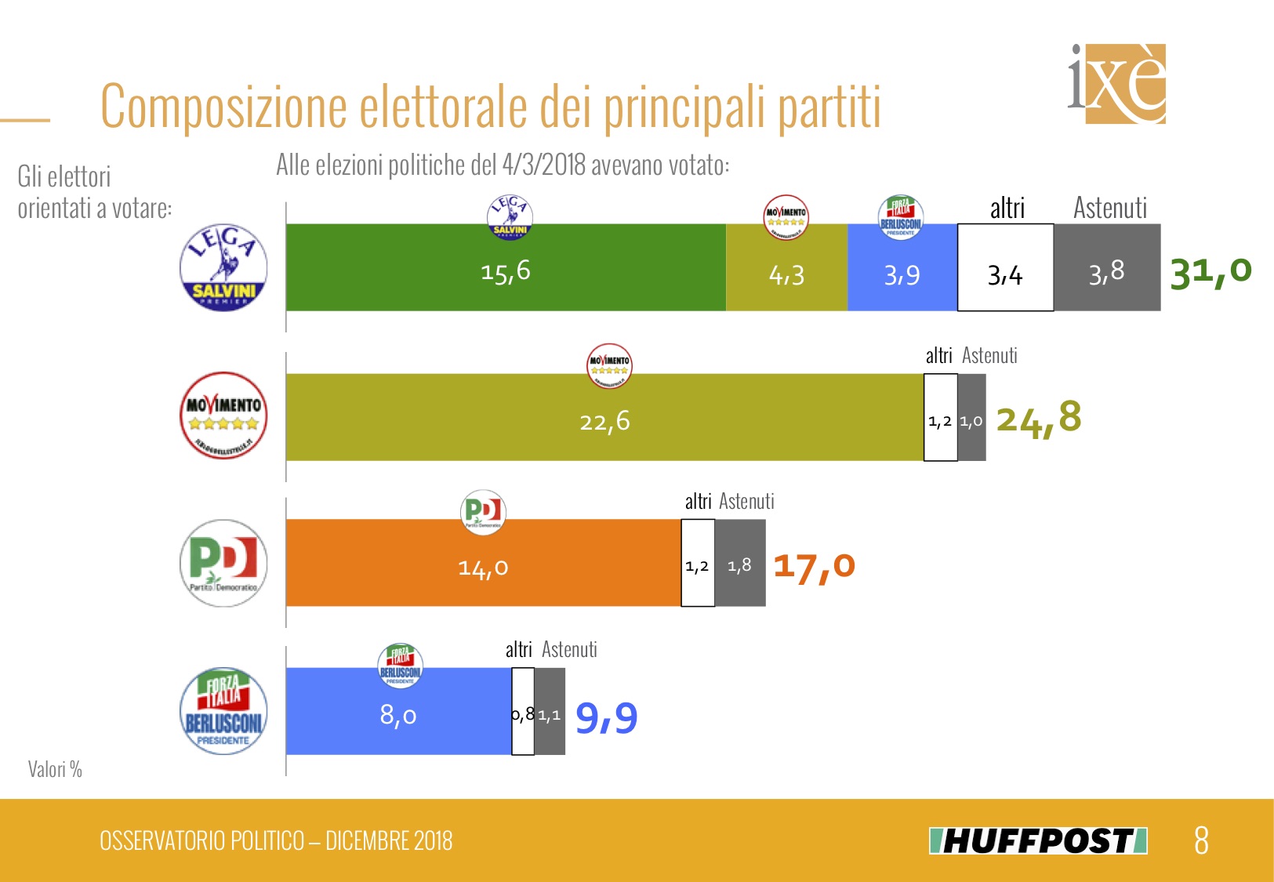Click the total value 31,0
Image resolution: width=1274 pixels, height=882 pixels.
click(x=1210, y=271)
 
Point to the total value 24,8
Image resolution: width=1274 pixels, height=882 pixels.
click(x=1038, y=419)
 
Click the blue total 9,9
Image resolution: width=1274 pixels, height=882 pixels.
click(x=607, y=717)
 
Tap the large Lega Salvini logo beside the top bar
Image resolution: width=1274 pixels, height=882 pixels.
click(x=223, y=267)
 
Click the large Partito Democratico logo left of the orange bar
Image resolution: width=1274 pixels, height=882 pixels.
click(x=223, y=563)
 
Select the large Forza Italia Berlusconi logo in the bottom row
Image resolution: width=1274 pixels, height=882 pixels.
click(x=223, y=712)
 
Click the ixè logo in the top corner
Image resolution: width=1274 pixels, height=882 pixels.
click(x=1116, y=83)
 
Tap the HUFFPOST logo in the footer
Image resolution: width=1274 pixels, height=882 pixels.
click(x=1038, y=840)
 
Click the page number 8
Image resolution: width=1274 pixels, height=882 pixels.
click(x=1201, y=840)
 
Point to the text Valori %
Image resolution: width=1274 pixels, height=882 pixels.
click(x=55, y=769)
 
